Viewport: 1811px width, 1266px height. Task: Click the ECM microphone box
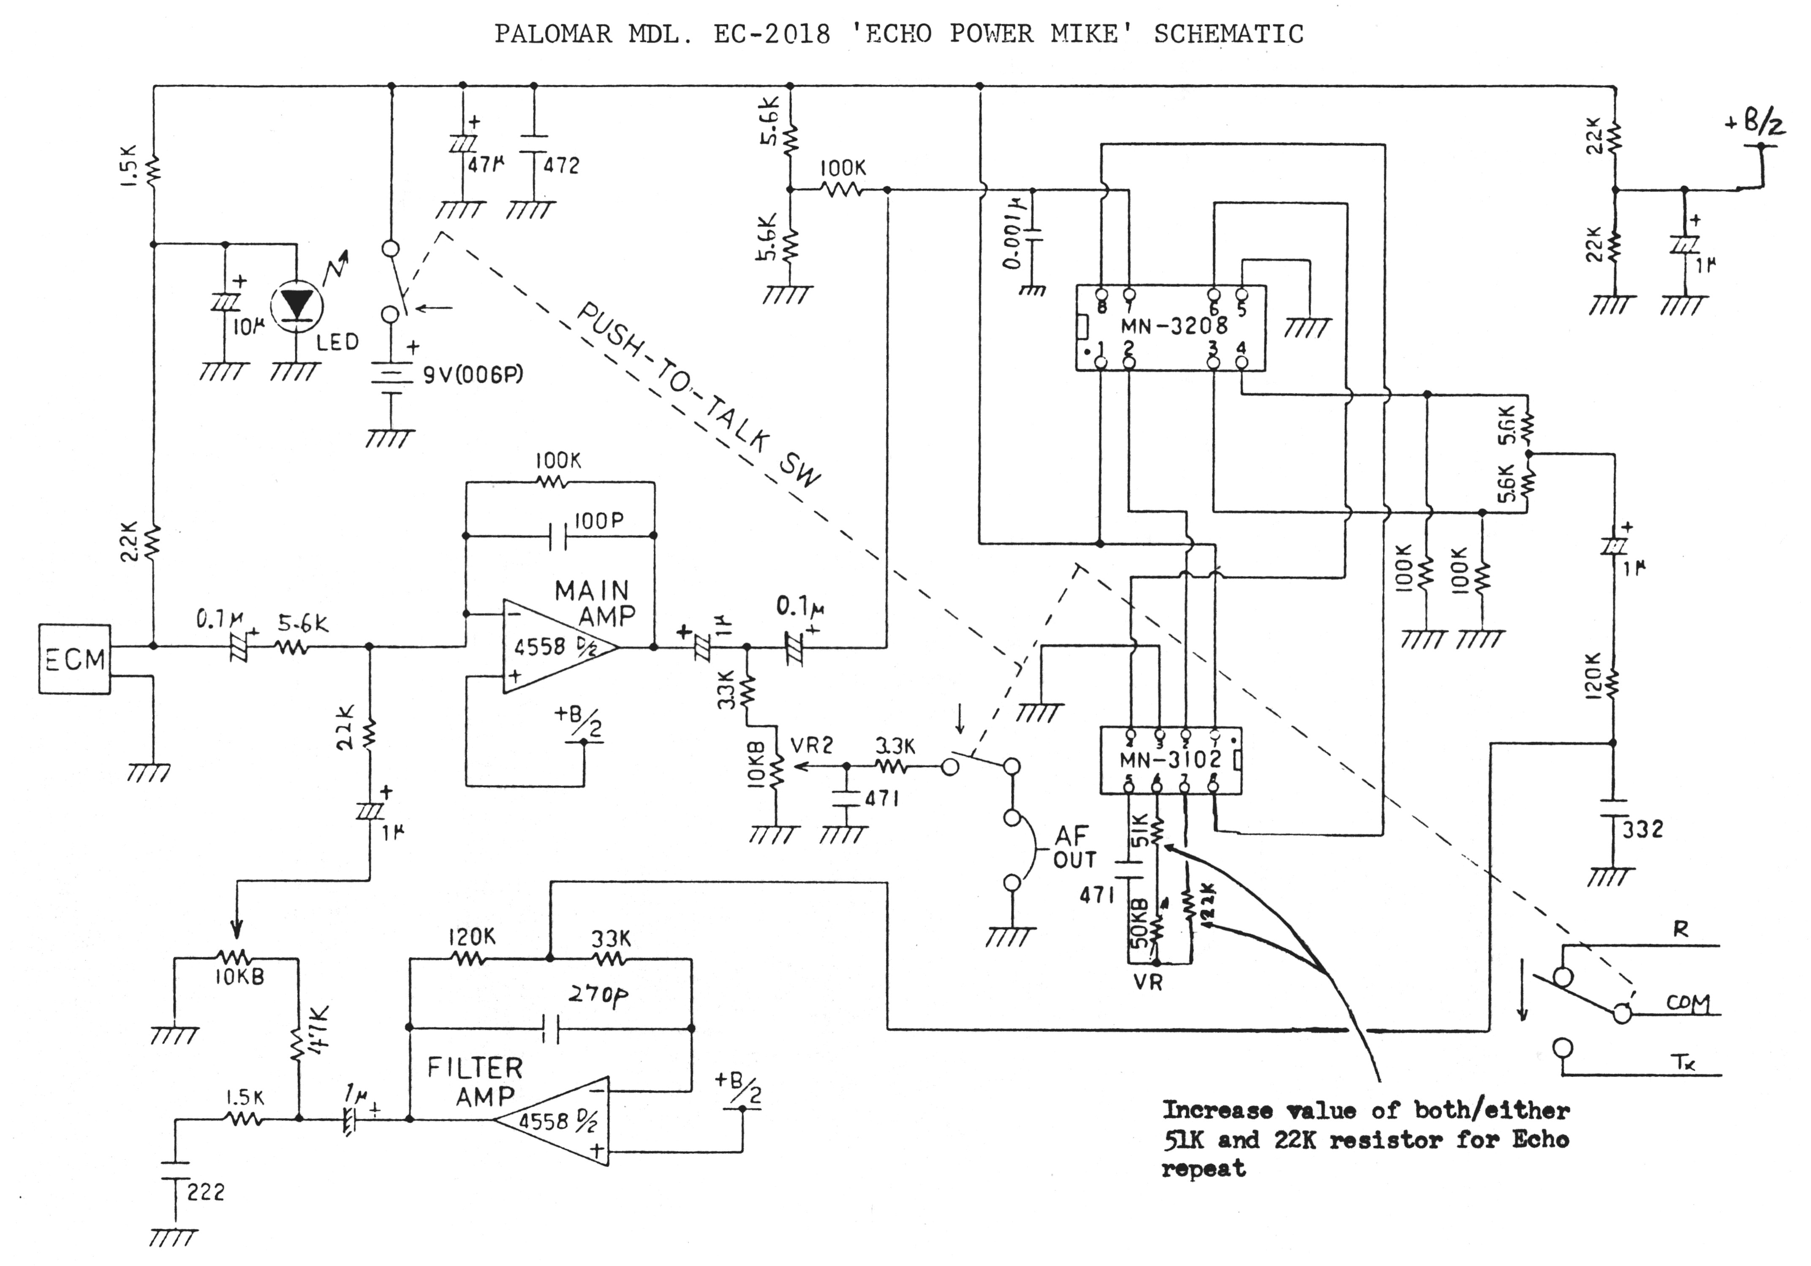74,659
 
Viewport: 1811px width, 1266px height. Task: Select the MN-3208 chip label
1174,325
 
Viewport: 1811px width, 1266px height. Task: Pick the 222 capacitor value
206,1191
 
